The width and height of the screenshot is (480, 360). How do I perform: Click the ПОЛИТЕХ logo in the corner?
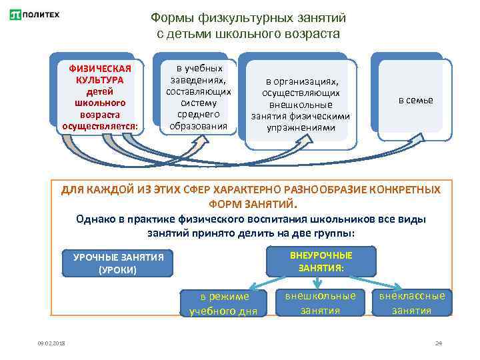point(34,15)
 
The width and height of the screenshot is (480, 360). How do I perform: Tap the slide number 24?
point(438,343)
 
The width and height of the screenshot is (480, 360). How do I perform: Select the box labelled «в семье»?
point(415,100)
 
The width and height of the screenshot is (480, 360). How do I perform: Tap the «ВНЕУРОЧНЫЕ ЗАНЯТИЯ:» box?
point(321,261)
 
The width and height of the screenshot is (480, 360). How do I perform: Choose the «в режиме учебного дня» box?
point(219,303)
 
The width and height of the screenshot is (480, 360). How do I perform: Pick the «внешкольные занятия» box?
point(321,303)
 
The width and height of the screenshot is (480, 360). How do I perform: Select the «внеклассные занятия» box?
point(411,303)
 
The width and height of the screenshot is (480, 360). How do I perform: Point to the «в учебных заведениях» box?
point(198,97)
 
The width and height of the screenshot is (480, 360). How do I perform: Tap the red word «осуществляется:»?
point(100,126)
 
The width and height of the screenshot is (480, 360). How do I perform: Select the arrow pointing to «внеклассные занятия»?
point(381,282)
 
